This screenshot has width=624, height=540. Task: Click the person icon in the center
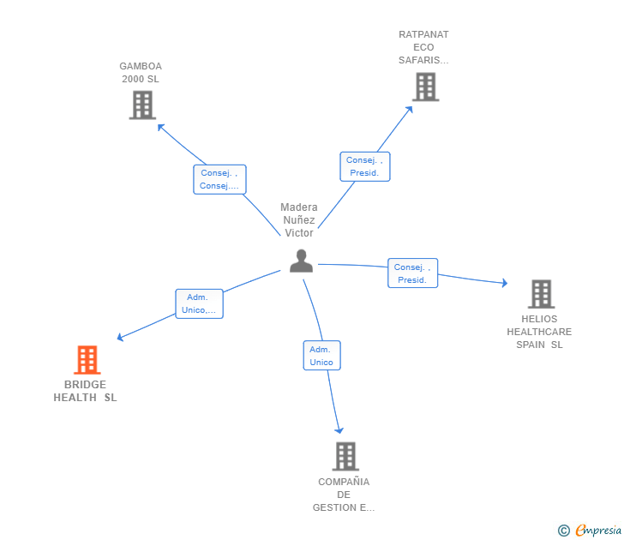tap(301, 261)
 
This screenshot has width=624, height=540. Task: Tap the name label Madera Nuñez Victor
tap(299, 220)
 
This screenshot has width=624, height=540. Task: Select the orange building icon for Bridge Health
tap(87, 360)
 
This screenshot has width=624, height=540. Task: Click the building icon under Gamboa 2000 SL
tap(142, 105)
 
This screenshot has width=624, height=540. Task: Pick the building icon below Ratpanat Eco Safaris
tap(425, 87)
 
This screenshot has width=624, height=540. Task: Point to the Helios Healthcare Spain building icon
tap(541, 294)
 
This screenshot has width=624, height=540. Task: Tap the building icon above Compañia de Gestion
tap(345, 457)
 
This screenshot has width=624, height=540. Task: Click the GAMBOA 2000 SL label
tap(141, 72)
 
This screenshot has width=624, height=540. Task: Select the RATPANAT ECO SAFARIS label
tap(423, 47)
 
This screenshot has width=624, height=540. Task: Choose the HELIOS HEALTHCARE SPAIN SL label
tap(539, 332)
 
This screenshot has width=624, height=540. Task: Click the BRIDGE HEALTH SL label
tap(85, 391)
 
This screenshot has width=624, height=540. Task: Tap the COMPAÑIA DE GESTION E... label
tap(344, 495)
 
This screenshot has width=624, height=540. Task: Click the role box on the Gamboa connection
tap(219, 179)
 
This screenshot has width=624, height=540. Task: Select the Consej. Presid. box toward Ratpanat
tap(365, 167)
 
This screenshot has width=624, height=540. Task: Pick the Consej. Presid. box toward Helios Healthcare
tap(412, 273)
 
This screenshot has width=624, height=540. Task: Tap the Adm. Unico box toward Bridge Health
tap(200, 303)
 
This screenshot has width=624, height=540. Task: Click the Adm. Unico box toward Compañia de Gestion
tap(322, 356)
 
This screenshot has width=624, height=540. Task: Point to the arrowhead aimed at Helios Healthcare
tap(505, 283)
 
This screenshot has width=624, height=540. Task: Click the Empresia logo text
tap(598, 530)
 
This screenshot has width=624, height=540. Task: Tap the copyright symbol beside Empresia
tap(564, 531)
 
